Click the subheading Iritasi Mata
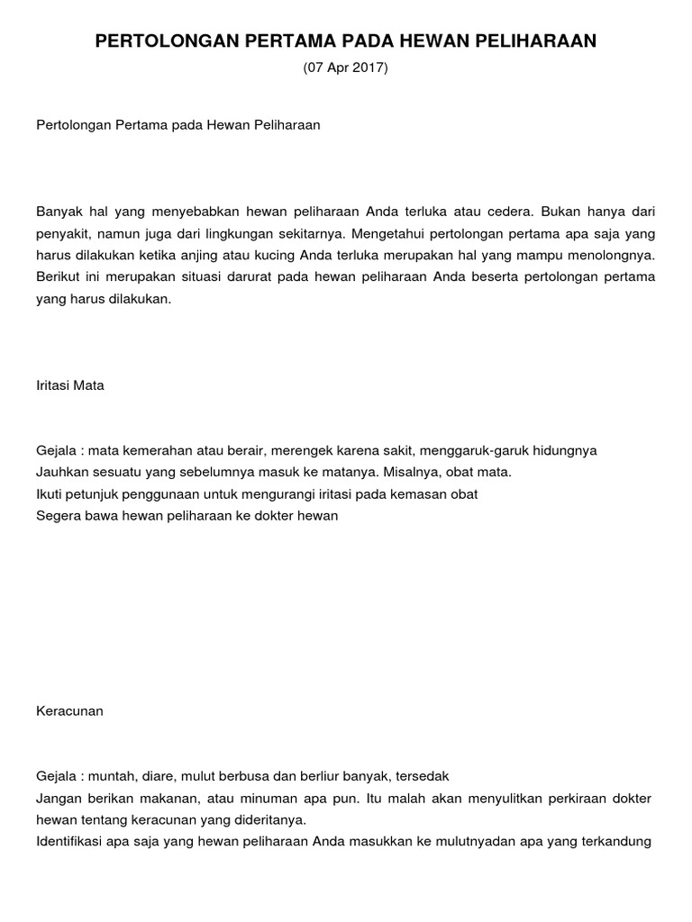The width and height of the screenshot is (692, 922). tap(70, 385)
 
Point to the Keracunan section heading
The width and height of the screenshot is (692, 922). tap(69, 710)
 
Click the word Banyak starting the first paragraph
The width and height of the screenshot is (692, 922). tap(59, 212)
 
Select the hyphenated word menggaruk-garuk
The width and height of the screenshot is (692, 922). tap(480, 450)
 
